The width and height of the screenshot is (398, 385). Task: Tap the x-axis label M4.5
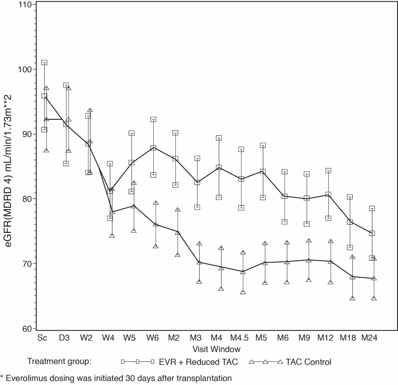click(239, 338)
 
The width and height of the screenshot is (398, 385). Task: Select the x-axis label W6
click(153, 338)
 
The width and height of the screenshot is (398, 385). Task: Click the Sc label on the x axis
click(42, 338)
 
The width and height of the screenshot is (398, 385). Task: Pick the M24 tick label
click(369, 338)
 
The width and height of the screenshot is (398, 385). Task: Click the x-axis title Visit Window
click(216, 349)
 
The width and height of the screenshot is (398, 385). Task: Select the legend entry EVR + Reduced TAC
click(198, 362)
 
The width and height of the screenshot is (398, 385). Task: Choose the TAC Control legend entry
click(308, 362)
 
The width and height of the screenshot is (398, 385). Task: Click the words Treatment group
click(59, 361)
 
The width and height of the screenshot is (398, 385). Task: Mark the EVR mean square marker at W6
click(153, 148)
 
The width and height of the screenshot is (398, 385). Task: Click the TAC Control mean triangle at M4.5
click(243, 272)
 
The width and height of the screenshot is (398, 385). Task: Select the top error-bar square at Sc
click(44, 63)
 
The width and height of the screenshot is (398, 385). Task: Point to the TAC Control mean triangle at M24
click(374, 278)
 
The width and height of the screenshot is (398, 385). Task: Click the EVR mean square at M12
click(328, 195)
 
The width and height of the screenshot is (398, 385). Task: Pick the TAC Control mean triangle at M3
click(199, 262)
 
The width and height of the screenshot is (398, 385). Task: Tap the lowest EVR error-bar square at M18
click(350, 247)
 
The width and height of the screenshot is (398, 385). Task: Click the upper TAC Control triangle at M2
click(177, 210)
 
